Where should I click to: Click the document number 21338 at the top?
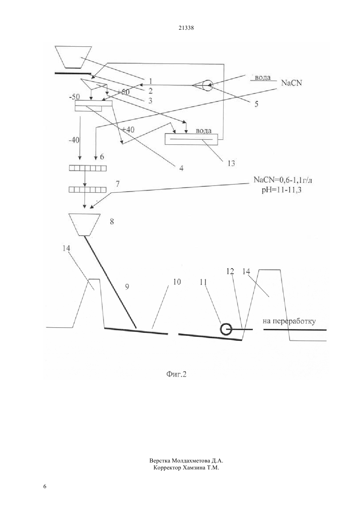point(186,28)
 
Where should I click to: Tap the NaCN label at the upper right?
point(292,83)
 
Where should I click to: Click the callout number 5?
point(256,104)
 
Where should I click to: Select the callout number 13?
point(231,164)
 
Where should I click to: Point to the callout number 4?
point(181,168)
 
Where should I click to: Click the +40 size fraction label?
point(128,129)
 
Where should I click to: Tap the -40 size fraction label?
point(74,140)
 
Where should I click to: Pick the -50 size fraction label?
point(74,97)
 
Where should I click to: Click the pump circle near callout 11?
point(226,329)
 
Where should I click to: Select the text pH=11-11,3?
point(282,190)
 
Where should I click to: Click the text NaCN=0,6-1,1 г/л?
point(283,180)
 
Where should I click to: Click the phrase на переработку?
point(289,321)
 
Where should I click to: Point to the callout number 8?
point(112,222)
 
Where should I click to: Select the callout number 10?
point(177,282)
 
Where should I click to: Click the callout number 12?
point(230,272)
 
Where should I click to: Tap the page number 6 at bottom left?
point(45,486)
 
